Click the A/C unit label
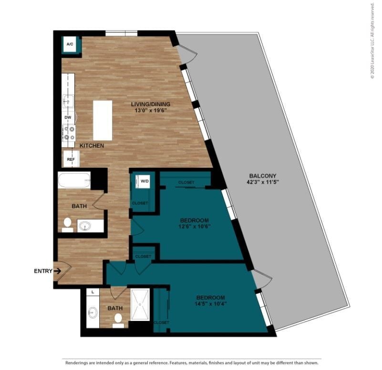click(x=70, y=44)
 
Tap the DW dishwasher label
click(x=68, y=117)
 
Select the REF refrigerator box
click(x=71, y=159)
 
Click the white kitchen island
click(x=103, y=120)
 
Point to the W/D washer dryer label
click(x=144, y=181)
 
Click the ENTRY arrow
click(x=57, y=271)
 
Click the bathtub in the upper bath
click(x=74, y=181)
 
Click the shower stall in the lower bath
click(x=140, y=304)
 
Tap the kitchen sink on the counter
click(x=67, y=102)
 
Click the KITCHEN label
click(x=92, y=145)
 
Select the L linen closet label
click(x=92, y=291)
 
